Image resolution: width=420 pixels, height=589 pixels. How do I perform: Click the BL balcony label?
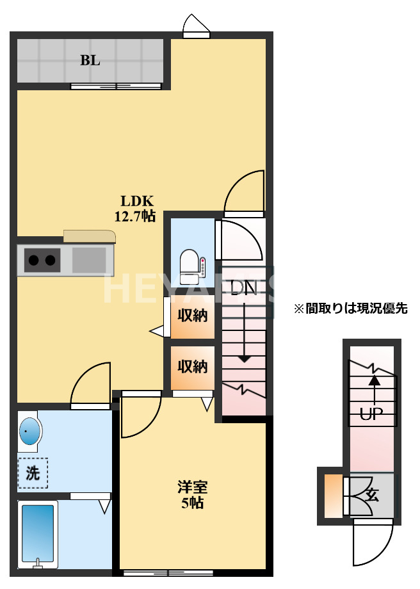tap(90, 61)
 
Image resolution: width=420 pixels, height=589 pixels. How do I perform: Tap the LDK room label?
tap(134, 200)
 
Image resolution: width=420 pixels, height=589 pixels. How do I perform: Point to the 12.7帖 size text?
tap(134, 216)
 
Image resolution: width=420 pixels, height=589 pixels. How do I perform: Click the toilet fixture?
tap(190, 266)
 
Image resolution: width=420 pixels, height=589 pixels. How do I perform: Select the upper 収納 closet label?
tap(192, 316)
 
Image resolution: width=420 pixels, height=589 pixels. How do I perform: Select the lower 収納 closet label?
tap(192, 367)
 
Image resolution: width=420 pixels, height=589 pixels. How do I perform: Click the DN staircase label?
tap(243, 288)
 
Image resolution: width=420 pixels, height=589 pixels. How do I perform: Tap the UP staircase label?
tap(371, 414)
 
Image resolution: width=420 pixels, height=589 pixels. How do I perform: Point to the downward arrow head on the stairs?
tap(244, 359)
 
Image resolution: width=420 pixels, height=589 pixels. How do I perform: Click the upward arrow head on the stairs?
tap(374, 380)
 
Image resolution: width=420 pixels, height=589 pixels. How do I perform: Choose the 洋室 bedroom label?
tap(192, 487)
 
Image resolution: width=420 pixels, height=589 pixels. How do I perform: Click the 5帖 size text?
tap(192, 503)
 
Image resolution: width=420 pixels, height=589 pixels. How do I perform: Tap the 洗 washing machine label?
tap(32, 474)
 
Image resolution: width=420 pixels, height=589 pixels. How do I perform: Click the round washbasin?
tap(29, 432)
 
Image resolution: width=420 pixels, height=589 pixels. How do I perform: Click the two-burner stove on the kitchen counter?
tap(42, 260)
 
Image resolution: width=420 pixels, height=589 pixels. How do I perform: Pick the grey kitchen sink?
tap(88, 261)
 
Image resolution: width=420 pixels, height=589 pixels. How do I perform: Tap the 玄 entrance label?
tap(373, 495)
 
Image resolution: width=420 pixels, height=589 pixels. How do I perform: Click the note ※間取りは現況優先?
tap(350, 309)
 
